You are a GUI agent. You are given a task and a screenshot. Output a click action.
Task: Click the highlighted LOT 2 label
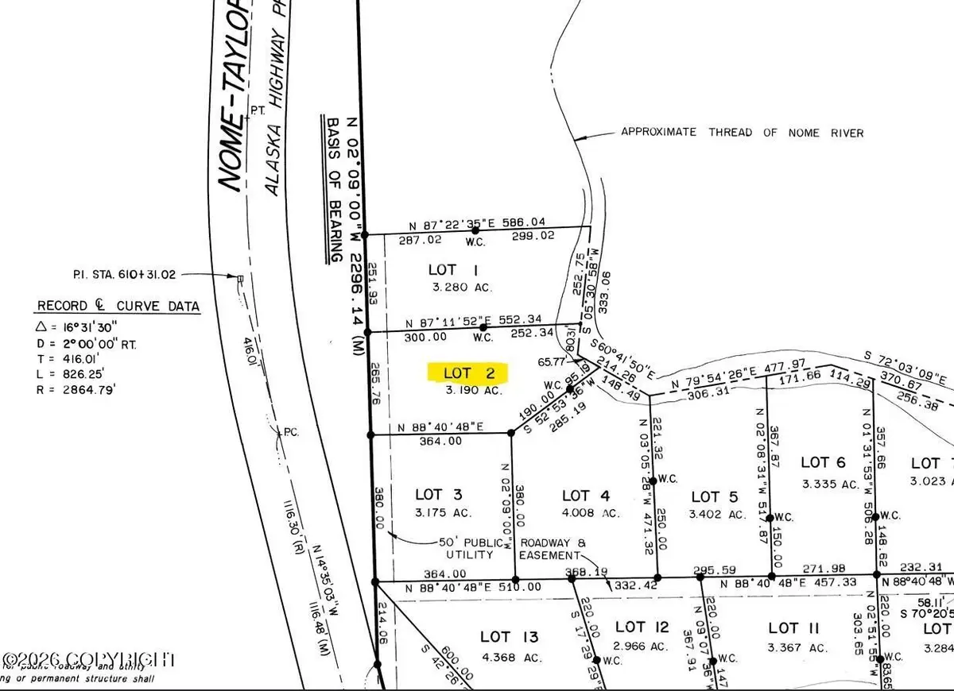point(467,373)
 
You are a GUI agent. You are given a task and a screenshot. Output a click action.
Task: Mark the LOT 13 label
point(510,636)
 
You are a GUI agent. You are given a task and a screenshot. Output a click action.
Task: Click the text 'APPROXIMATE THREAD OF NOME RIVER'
point(742,133)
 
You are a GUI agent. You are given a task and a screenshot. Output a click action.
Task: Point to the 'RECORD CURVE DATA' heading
point(118,307)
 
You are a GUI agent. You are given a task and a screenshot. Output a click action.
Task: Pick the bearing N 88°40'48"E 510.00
point(462,589)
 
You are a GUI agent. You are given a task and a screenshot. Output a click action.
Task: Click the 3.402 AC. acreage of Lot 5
point(718,514)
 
